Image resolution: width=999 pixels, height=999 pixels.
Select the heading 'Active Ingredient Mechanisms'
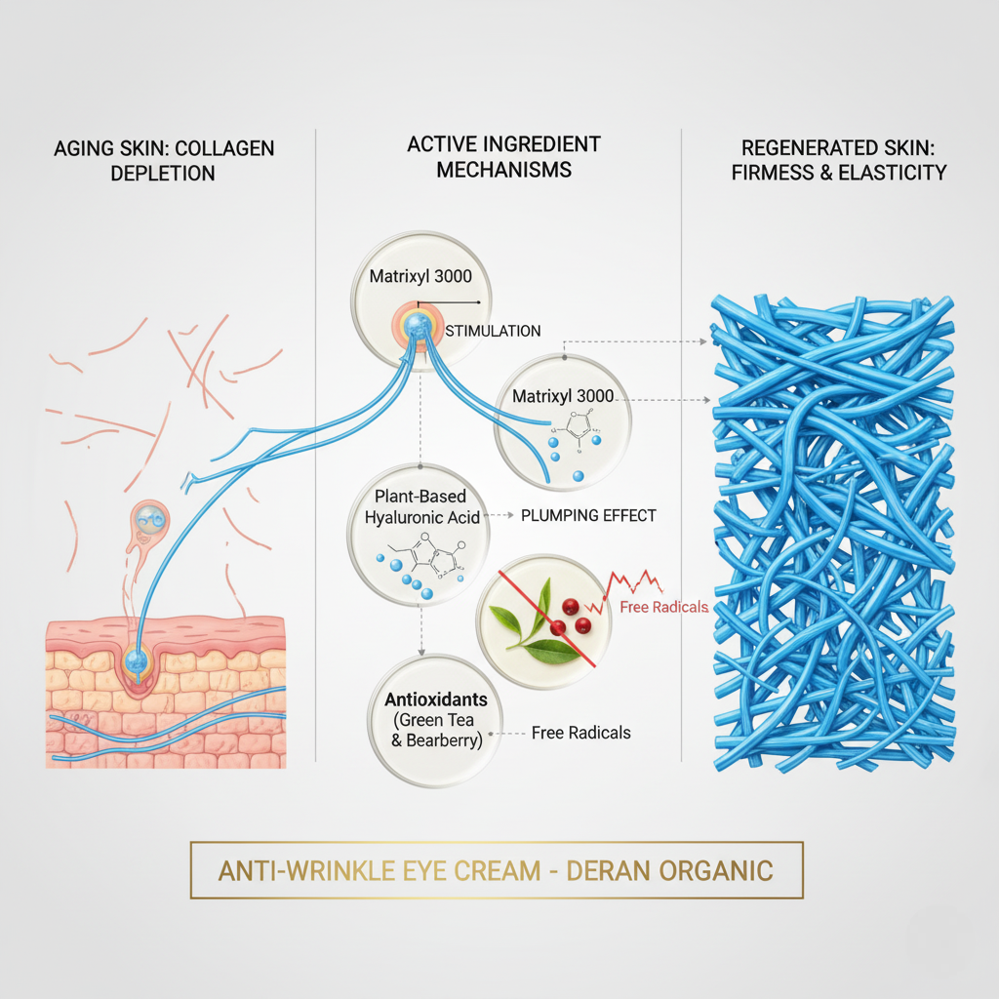click(x=503, y=156)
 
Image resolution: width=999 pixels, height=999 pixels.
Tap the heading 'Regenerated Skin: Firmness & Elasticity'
click(x=844, y=160)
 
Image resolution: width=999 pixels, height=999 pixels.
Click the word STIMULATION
click(x=493, y=331)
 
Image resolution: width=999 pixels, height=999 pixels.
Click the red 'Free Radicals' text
click(x=664, y=608)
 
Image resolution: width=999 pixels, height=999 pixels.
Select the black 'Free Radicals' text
click(x=581, y=733)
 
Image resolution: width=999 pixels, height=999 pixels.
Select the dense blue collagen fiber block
click(x=832, y=533)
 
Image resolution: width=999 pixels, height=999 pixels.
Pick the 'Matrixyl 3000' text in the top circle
click(x=420, y=276)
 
